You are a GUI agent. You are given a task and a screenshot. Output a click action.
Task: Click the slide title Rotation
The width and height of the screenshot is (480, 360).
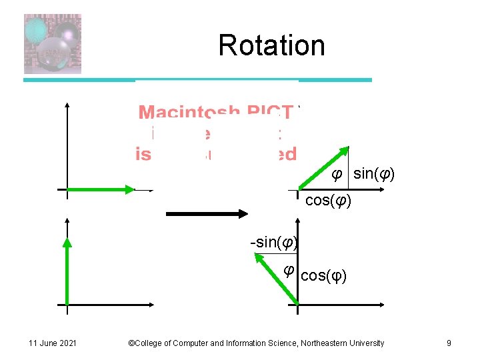tap(271, 45)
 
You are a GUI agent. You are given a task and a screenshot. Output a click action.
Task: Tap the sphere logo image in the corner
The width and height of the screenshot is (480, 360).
tap(52, 43)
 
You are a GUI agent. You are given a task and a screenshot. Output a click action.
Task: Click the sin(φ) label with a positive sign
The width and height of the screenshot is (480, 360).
tap(374, 175)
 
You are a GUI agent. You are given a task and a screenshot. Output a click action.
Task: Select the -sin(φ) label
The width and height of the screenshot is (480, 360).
tap(273, 242)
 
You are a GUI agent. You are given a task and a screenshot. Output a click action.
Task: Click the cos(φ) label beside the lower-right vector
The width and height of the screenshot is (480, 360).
tap(323, 275)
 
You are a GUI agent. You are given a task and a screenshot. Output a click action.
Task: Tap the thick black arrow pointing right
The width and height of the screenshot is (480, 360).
tap(207, 213)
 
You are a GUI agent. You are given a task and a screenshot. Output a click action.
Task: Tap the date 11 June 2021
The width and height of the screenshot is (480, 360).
tap(53, 343)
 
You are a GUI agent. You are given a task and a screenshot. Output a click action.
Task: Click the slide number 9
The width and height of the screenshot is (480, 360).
tap(449, 343)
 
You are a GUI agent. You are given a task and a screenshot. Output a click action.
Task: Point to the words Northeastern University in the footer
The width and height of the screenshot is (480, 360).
tap(343, 343)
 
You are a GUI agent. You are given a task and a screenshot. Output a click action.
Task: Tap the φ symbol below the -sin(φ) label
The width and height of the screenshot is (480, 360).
tap(288, 270)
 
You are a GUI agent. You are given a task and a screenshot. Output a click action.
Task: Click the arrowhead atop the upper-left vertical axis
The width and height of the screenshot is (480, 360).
tap(67, 105)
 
